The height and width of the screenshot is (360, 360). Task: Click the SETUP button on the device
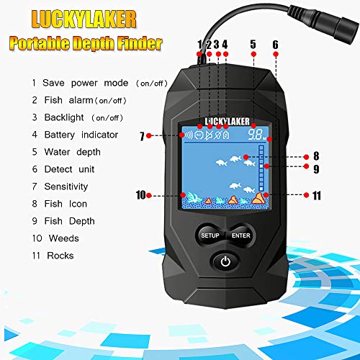tap(210, 235)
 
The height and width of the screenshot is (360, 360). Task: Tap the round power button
tap(225, 261)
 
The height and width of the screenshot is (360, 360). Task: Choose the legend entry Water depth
tap(72, 152)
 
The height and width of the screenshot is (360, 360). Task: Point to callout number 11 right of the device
tap(316, 194)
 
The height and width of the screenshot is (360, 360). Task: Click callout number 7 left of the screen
tap(143, 135)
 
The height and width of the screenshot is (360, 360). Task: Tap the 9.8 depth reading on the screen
tap(255, 134)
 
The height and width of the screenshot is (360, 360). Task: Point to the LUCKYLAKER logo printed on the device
tap(225, 119)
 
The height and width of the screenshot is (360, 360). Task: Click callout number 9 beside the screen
tap(315, 170)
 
